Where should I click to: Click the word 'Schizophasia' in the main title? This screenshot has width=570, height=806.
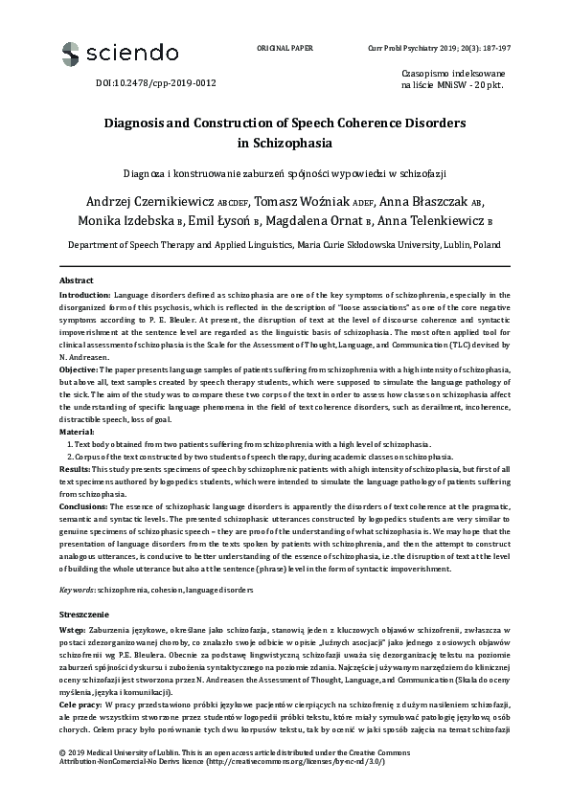[285, 145]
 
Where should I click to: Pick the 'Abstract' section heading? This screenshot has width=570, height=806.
[78, 280]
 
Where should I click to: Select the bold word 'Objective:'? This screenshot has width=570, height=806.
[79, 369]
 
